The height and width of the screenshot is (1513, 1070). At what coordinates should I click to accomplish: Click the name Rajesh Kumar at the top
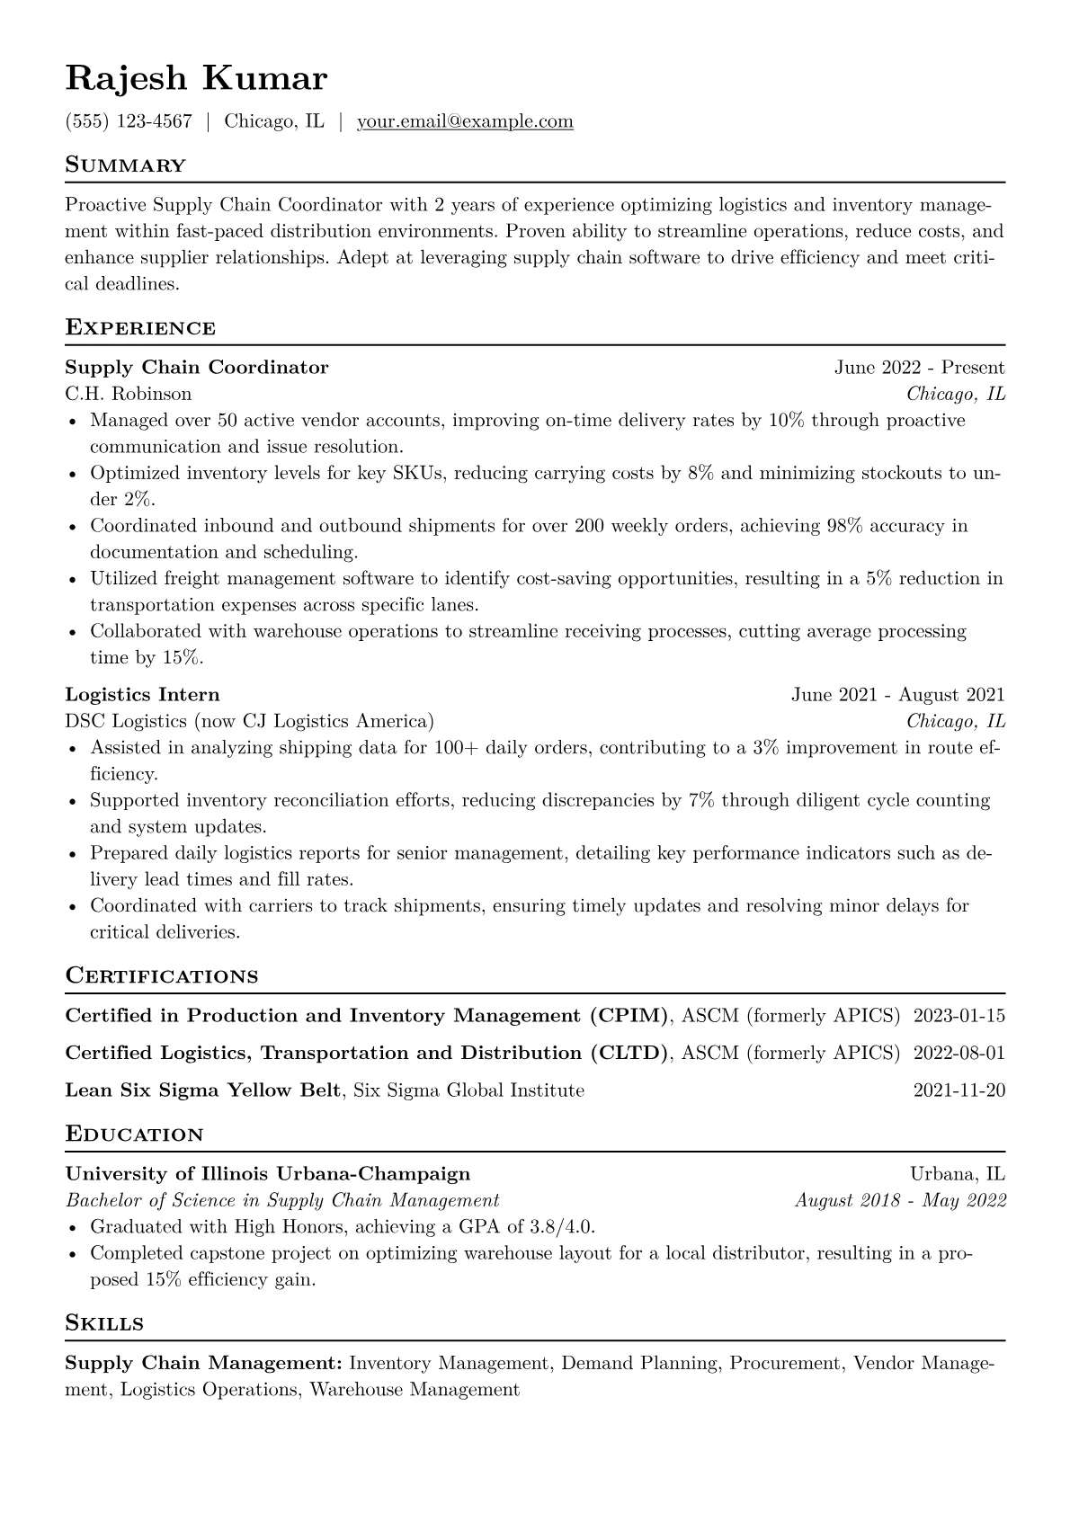coord(196,79)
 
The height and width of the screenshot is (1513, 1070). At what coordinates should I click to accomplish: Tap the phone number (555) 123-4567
coord(129,121)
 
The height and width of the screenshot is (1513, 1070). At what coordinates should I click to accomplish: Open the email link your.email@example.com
coord(465,121)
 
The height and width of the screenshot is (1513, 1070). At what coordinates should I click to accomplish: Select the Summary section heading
coord(125,165)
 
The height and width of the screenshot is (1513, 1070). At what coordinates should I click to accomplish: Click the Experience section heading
coord(140,328)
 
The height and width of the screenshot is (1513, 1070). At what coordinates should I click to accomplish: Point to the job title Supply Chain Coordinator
coord(197,367)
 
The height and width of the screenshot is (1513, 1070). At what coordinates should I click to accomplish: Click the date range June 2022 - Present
coord(919,367)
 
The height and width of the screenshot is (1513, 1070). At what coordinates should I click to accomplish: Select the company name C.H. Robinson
coord(128,394)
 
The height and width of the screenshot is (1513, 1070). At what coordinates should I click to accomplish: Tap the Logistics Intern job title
coord(142,694)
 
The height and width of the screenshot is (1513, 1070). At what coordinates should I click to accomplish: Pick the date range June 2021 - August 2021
coord(897,694)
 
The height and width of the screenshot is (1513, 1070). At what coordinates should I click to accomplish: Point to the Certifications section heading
coord(162,976)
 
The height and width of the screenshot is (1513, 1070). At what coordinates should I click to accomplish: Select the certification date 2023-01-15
coord(959,1016)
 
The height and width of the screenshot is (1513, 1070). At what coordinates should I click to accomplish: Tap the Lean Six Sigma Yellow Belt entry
coord(203,1090)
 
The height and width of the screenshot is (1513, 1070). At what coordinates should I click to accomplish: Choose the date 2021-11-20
coord(959,1090)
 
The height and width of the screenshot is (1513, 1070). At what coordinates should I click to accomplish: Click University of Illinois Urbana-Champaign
coord(267,1173)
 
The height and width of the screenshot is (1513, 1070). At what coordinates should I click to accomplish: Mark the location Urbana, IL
coord(957,1173)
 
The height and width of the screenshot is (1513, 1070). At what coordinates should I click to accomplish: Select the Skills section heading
coord(104,1323)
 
